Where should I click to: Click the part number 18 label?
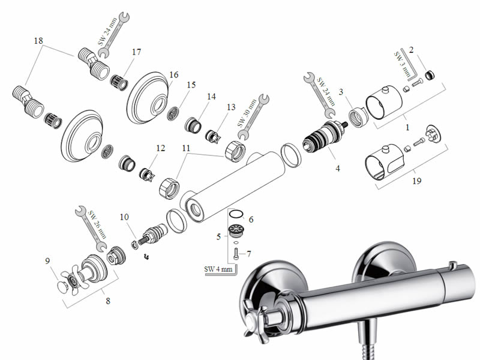38,41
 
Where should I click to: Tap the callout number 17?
137,52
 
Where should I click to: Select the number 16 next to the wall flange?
173,74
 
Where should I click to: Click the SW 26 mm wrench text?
97,224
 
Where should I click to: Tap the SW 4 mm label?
218,269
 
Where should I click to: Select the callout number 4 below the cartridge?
338,169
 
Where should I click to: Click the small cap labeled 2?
430,74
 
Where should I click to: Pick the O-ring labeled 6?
236,214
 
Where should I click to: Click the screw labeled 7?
236,254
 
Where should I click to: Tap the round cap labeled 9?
63,287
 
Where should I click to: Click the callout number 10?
124,217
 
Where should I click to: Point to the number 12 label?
160,148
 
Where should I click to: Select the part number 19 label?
416,181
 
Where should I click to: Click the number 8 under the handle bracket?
108,301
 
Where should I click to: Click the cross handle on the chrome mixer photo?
253,318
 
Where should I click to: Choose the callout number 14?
211,97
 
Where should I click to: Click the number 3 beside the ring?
341,92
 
